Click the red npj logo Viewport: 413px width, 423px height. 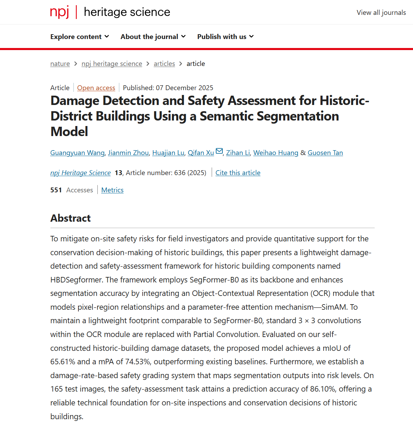[59, 12]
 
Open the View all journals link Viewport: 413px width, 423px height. [381, 13]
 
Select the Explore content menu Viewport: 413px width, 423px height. [79, 37]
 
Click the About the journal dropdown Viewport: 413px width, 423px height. [153, 37]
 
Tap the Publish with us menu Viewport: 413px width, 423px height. [225, 37]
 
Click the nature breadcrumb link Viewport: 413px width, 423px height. [60, 64]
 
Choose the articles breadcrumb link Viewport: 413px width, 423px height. [164, 64]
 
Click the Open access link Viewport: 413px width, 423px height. [96, 88]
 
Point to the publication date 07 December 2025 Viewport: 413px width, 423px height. [184, 88]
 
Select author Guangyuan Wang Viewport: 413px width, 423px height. [77, 153]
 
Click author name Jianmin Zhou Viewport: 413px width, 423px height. [128, 153]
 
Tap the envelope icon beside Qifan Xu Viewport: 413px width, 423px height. [219, 151]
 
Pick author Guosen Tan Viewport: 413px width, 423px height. [325, 153]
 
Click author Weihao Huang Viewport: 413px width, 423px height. [276, 153]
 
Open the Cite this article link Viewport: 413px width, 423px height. [238, 173]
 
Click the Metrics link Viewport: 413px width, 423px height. [112, 190]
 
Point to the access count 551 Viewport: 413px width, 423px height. [56, 190]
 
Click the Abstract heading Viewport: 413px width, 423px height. [70, 218]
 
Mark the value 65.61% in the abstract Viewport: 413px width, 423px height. [63, 362]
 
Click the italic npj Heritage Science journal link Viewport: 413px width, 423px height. [80, 173]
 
